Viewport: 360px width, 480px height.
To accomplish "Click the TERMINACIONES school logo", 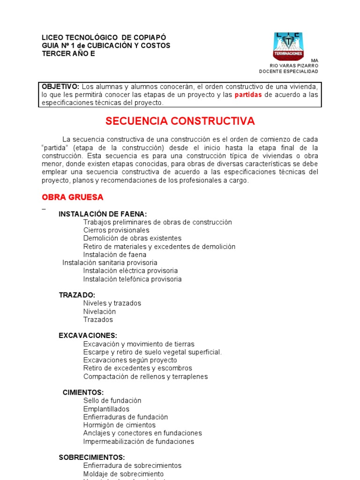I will tap(288, 46).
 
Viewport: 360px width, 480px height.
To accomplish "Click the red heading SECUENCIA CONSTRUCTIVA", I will tap(180, 121).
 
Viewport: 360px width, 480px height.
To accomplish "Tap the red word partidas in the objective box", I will tap(248, 95).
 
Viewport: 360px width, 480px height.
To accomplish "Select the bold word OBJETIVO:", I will tap(60, 87).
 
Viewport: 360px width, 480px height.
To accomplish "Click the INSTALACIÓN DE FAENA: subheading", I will tap(103, 214).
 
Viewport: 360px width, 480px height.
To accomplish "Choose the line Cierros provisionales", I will tap(116, 230).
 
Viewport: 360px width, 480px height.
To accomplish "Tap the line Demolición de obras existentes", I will tap(132, 239).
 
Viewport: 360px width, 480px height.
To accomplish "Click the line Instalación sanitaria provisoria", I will tap(110, 262).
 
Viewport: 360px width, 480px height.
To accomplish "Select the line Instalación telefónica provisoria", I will tap(132, 279).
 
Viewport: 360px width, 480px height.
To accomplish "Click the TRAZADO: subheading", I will tap(77, 295).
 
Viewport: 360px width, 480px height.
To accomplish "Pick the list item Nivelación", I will tap(99, 311).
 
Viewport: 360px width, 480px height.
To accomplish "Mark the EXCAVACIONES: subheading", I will tap(88, 336).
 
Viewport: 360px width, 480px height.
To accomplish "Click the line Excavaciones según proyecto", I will tap(130, 360).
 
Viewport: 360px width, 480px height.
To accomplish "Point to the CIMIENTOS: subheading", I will tap(83, 392).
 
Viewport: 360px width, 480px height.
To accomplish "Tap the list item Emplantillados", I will tap(106, 409).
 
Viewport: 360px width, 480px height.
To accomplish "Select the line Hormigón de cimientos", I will tap(119, 425).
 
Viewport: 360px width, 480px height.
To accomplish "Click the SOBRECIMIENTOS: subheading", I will tap(91, 457).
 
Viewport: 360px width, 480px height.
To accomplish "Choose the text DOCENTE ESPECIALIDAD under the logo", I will tap(288, 72).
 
